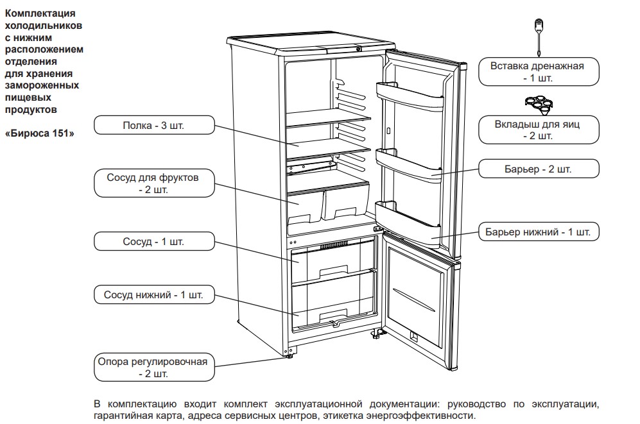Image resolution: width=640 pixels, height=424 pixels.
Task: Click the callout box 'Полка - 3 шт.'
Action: (154, 125)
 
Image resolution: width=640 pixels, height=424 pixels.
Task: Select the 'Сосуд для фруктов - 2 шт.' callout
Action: (154, 183)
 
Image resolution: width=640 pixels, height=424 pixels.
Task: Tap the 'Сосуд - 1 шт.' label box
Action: (154, 241)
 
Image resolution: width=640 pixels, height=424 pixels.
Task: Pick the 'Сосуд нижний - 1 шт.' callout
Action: (154, 294)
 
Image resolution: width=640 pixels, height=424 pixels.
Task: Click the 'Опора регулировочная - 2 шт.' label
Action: (154, 368)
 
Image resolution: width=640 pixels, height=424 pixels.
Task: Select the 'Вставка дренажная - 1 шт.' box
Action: (539, 72)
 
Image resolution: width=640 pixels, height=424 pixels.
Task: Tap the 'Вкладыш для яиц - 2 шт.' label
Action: (539, 130)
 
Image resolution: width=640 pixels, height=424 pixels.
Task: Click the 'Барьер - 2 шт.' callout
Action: (539, 169)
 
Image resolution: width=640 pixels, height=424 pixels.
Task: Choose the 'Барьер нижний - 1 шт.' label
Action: (539, 232)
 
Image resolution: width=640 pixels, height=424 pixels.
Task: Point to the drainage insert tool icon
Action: (539, 37)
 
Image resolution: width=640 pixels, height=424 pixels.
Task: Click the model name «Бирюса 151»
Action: (40, 133)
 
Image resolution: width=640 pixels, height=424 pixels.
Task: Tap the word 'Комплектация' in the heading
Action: (40, 13)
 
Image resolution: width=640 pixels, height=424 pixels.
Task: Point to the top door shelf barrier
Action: (410, 95)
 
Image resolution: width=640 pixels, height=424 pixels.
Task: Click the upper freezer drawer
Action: (333, 261)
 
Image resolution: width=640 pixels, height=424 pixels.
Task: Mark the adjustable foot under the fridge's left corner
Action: (290, 356)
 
